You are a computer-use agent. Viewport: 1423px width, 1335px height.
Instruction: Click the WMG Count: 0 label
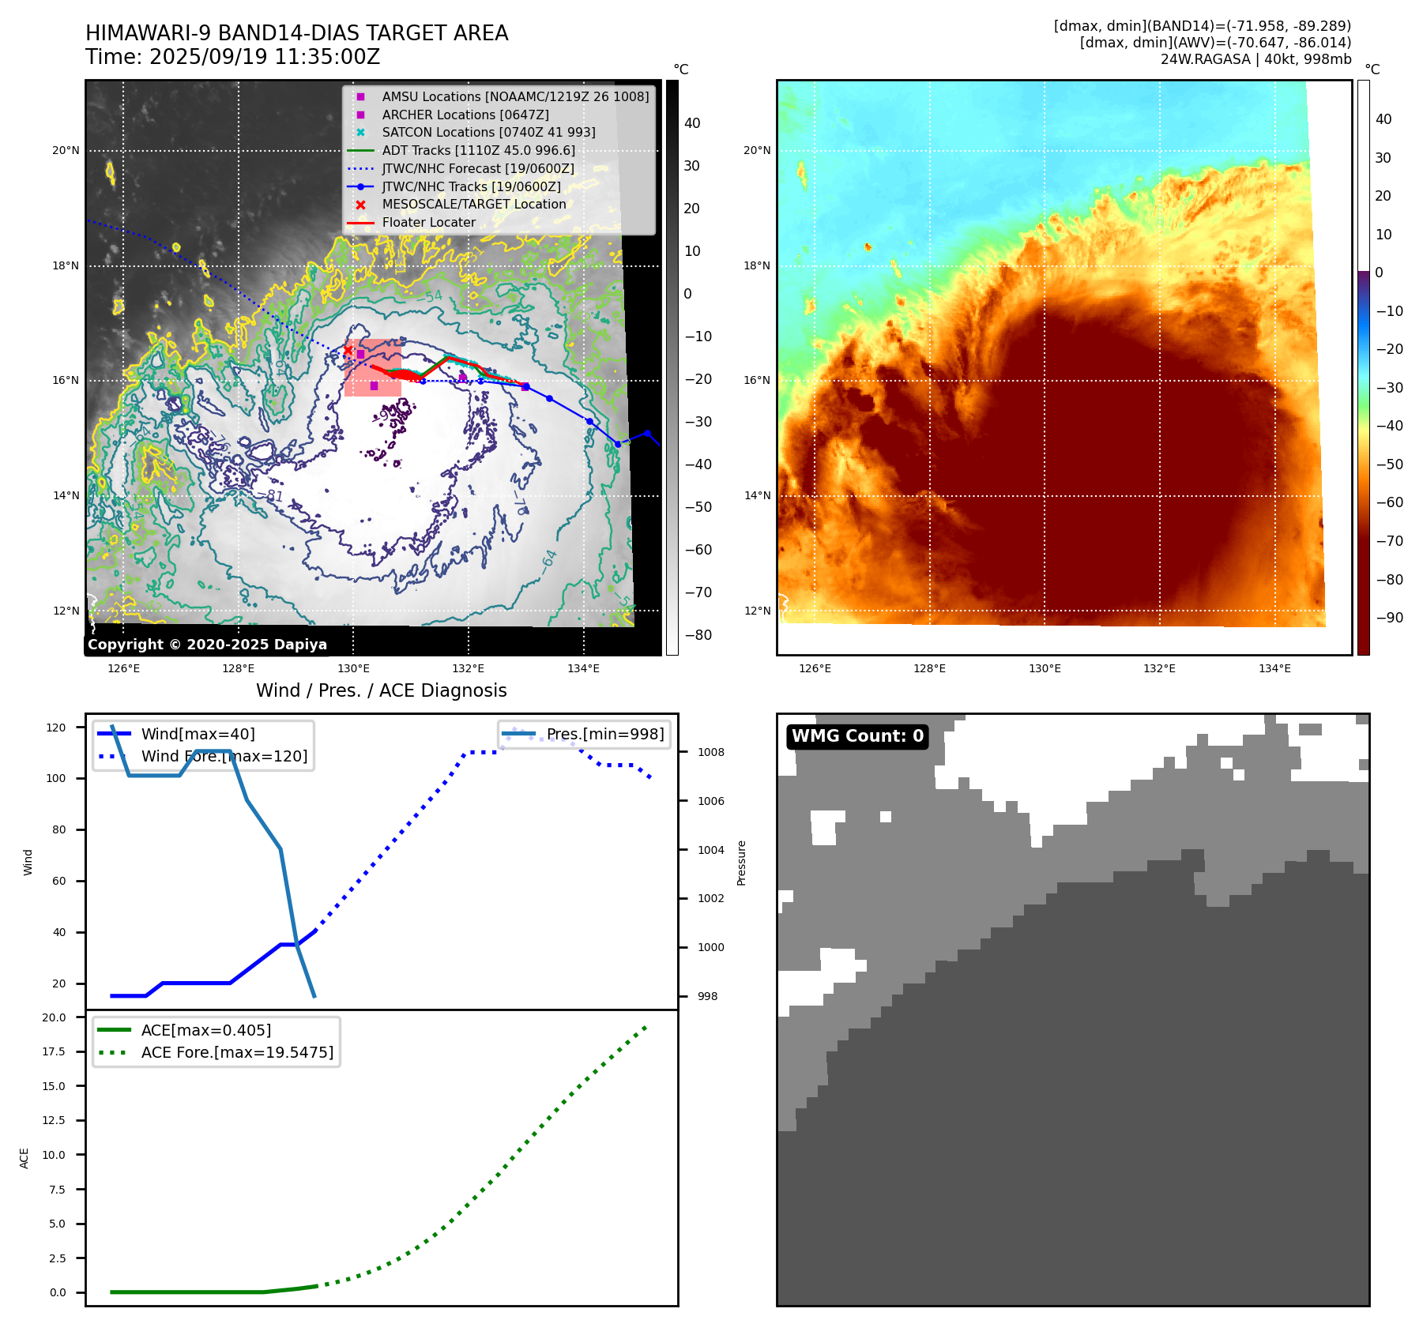click(x=857, y=736)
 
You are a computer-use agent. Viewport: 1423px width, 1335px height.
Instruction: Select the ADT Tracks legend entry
click(x=478, y=150)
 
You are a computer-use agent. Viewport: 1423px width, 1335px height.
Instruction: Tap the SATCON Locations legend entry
click(x=488, y=133)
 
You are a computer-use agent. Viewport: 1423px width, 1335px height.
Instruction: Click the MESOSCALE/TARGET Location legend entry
click(x=474, y=205)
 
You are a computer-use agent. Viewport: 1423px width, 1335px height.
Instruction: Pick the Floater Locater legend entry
click(x=429, y=223)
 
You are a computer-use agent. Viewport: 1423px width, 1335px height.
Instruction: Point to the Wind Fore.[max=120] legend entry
click(x=224, y=756)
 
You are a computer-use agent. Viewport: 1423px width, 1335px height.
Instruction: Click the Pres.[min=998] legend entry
click(x=605, y=734)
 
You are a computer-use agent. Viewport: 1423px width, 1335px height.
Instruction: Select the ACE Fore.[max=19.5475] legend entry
click(x=237, y=1052)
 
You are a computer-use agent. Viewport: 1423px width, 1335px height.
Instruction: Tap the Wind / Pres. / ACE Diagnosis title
click(x=382, y=690)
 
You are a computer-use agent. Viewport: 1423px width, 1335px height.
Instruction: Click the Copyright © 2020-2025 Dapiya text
click(x=207, y=645)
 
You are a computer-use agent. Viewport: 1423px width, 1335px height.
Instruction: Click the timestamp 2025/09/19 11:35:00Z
click(x=265, y=58)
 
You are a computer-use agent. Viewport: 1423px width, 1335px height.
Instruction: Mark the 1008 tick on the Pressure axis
click(x=710, y=752)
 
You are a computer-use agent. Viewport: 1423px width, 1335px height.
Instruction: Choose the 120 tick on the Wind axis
click(x=56, y=728)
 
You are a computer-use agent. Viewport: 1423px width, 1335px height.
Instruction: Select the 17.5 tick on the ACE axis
click(x=55, y=1051)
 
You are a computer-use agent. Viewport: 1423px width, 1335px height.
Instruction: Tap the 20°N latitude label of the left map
click(x=66, y=151)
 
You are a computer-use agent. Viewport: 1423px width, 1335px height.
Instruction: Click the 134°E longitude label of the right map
click(x=1274, y=668)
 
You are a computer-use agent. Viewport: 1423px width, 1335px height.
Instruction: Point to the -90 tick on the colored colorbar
click(x=1389, y=618)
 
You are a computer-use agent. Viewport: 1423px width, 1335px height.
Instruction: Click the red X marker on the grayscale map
click(x=348, y=351)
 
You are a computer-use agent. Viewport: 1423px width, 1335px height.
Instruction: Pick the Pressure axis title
click(x=741, y=863)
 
